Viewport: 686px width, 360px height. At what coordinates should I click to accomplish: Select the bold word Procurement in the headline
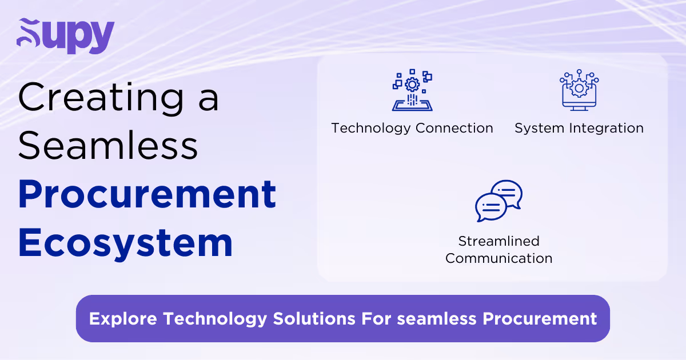[147, 194]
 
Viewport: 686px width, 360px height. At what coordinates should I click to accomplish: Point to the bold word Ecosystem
[125, 243]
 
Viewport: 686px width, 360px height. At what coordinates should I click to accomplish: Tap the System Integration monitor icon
[579, 90]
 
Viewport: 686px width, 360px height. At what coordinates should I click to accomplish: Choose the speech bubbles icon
[498, 201]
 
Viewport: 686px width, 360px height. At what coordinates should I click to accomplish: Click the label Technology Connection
[412, 128]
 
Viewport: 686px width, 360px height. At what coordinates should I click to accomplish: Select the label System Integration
[579, 128]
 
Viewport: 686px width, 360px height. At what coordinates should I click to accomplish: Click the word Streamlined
[498, 241]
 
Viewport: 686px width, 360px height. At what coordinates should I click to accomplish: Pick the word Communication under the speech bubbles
[498, 258]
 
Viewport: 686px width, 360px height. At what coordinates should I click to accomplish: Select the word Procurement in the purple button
[540, 318]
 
